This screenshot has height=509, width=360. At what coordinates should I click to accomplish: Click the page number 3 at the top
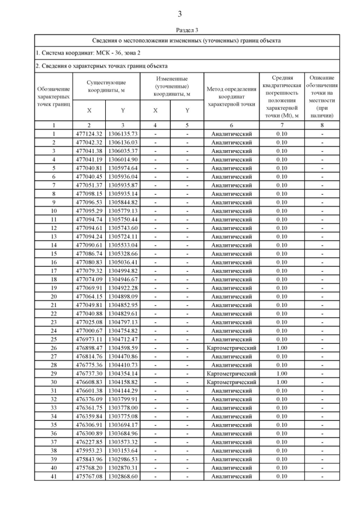(x=180, y=14)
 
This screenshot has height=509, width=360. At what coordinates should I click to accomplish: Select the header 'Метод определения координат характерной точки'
(x=231, y=96)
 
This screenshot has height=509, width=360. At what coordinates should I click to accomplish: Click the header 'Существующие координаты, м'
(x=106, y=86)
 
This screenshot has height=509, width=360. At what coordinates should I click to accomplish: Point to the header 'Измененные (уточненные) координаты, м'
(x=172, y=86)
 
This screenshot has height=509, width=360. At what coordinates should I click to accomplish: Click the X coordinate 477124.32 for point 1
(x=89, y=134)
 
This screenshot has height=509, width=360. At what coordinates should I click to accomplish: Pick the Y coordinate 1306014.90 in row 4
(x=123, y=160)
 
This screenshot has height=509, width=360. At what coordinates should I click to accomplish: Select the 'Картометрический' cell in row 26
(x=231, y=348)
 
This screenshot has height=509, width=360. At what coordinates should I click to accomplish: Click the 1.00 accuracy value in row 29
(x=282, y=374)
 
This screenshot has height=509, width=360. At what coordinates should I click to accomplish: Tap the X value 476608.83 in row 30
(x=89, y=382)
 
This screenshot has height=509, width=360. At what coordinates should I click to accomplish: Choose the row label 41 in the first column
(x=54, y=476)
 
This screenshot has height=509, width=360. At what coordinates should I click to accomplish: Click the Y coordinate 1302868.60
(x=123, y=476)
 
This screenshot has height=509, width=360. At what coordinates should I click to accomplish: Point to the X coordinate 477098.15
(x=89, y=194)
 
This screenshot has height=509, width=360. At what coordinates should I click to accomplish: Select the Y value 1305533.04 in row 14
(x=123, y=245)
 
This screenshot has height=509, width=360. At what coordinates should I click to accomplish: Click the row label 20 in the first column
(x=54, y=297)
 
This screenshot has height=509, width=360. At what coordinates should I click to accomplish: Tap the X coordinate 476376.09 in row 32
(x=89, y=399)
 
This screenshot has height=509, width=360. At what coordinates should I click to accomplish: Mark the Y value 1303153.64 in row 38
(x=123, y=451)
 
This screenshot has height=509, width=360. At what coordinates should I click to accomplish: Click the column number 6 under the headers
(x=231, y=125)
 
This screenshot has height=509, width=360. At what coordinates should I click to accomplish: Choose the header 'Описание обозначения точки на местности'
(x=322, y=96)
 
